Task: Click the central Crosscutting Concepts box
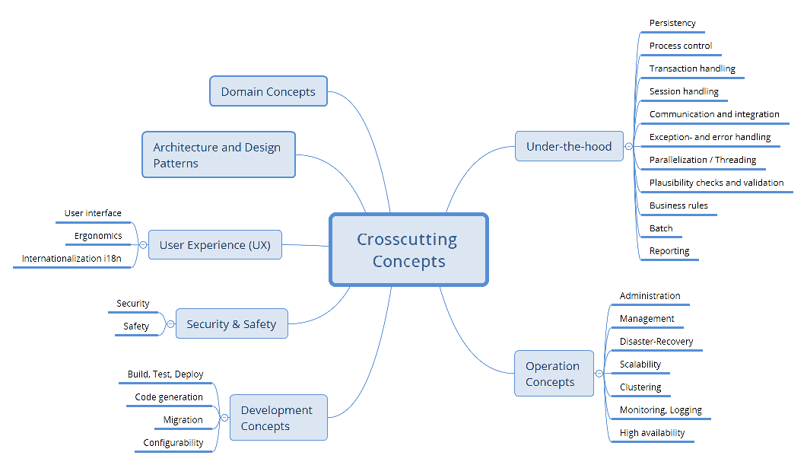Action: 408,250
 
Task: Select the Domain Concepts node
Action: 268,91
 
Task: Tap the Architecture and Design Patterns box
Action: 218,154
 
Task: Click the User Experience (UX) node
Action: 214,245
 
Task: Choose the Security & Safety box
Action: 231,323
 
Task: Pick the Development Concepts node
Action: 278,418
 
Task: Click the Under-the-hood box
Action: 568,146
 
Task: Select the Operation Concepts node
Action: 553,374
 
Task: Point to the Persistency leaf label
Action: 672,23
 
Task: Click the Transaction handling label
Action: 692,68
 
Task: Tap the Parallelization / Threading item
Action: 702,160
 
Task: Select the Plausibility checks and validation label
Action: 716,183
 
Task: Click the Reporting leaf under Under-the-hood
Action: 669,251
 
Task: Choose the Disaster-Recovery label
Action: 656,342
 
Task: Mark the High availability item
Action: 652,433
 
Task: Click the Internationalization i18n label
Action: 71,259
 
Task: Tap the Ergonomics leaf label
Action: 97,236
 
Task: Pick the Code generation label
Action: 169,397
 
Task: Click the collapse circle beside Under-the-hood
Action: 628,146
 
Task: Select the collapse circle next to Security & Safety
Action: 170,324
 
